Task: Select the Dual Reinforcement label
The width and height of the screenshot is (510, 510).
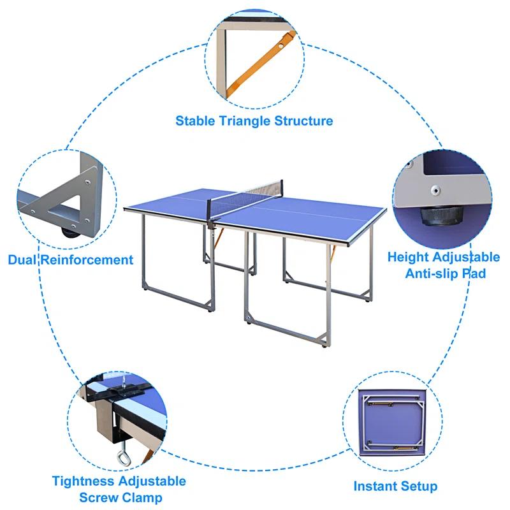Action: tap(71, 259)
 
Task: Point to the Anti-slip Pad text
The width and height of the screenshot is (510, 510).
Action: tap(446, 273)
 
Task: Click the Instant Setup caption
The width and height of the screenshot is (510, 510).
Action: tap(395, 486)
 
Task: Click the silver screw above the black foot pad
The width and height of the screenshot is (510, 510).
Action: tap(435, 189)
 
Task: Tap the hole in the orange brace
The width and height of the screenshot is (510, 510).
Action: tap(281, 47)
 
